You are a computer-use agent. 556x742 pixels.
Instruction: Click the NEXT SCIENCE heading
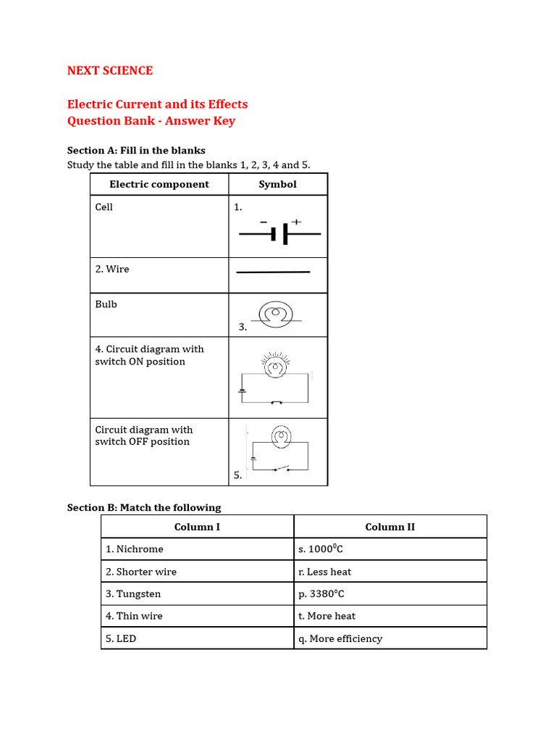point(110,70)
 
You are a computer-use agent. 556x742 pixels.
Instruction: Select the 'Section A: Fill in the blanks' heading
point(136,151)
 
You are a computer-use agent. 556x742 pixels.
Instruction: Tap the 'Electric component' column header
point(159,184)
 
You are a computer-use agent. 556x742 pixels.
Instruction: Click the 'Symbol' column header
point(278,184)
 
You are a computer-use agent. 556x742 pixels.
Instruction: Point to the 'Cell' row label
point(104,207)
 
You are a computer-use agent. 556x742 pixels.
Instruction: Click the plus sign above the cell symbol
point(296,222)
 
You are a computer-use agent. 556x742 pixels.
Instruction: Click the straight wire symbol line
point(274,272)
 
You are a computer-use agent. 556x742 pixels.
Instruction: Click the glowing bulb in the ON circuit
point(275,367)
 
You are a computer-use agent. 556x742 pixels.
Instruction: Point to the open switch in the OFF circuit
point(281,468)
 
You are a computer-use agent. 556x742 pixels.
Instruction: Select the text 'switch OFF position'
point(142,441)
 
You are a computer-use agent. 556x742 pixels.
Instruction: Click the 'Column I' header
point(198,527)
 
